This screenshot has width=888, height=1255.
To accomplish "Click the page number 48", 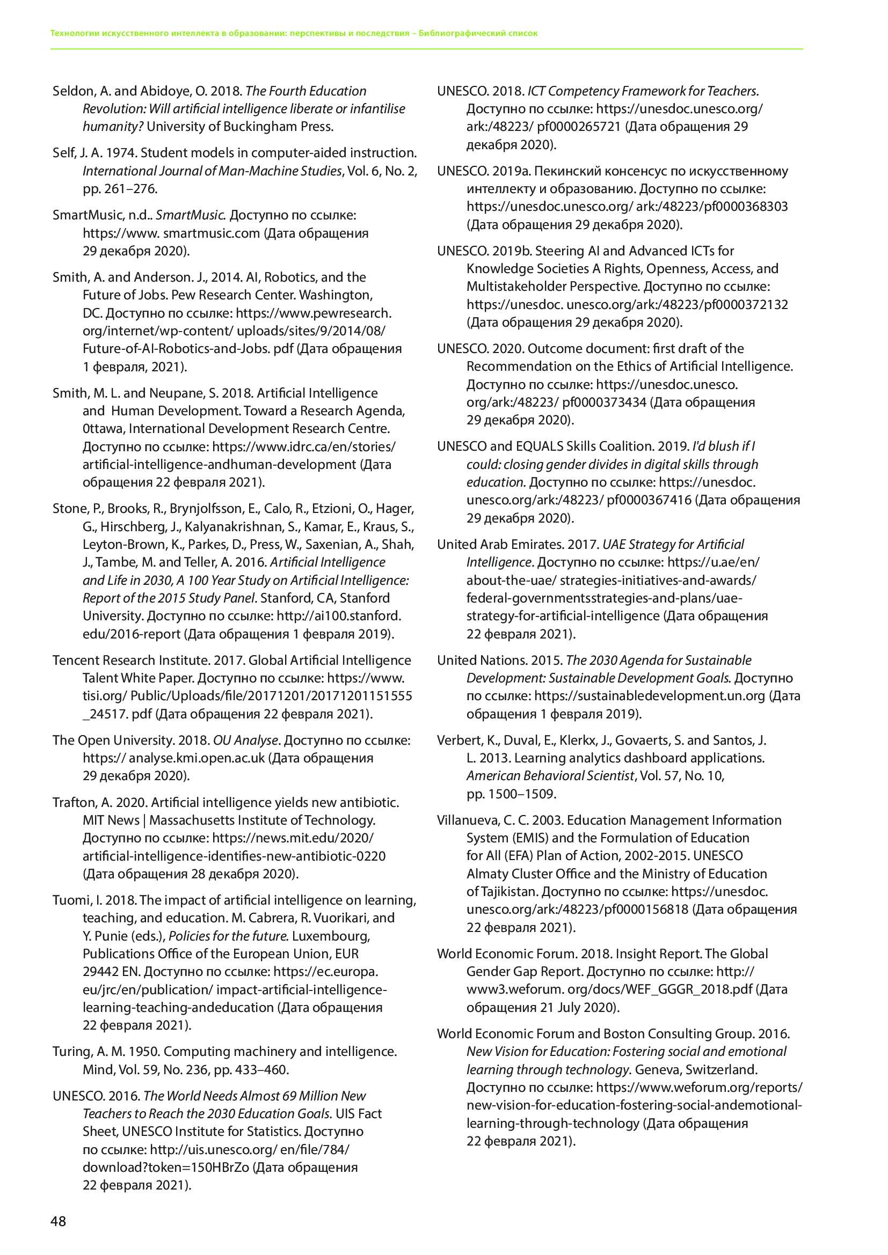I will coord(58,1222).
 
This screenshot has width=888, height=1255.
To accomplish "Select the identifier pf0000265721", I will coord(579,127).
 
